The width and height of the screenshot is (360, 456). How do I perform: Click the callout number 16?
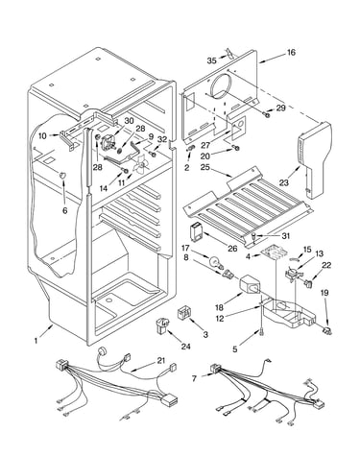tap(291, 52)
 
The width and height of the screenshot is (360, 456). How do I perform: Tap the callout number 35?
tap(211, 60)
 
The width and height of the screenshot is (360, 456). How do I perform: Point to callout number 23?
tap(284, 182)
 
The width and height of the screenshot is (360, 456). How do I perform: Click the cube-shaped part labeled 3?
tap(184, 312)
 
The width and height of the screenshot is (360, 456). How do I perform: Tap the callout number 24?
tap(186, 346)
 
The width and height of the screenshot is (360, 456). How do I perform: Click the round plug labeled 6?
tap(63, 175)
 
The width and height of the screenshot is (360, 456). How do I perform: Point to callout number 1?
tap(36, 341)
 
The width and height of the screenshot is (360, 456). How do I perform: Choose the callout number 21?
tap(161, 361)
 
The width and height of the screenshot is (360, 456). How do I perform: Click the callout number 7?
tap(194, 379)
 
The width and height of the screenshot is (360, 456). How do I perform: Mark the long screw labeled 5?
tap(262, 332)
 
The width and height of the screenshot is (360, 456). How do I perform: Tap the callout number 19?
tap(324, 293)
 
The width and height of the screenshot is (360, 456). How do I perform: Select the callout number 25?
tap(204, 167)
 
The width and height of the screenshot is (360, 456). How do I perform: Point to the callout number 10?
tap(42, 135)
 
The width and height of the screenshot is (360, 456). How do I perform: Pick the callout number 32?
tap(162, 139)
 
